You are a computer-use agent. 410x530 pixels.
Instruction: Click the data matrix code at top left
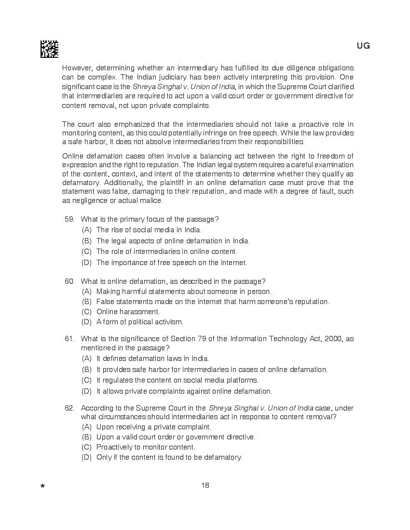point(49,49)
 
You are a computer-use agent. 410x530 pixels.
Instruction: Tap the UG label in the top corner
point(363,46)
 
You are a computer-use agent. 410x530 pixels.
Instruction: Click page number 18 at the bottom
point(205,485)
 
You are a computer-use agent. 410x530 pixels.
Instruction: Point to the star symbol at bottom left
point(42,487)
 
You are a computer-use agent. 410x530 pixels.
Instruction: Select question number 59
point(69,219)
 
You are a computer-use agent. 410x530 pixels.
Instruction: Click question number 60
point(69,281)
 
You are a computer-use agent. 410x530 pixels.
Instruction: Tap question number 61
point(69,339)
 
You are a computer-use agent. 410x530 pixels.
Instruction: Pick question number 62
point(69,408)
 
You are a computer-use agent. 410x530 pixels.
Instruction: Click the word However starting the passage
point(77,68)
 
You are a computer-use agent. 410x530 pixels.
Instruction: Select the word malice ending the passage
point(151,200)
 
